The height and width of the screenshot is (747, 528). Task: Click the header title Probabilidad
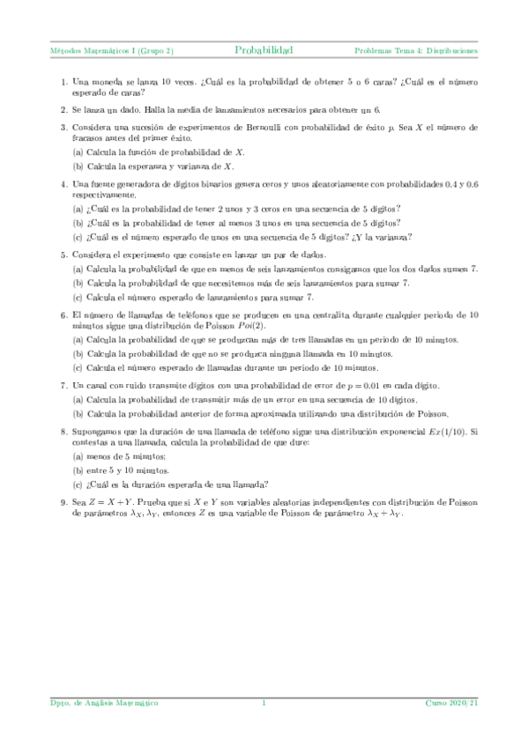pos(264,51)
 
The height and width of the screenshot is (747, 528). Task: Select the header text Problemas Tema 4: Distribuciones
pos(416,51)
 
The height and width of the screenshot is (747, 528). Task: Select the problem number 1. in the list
pos(65,82)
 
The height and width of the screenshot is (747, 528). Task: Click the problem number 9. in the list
pos(65,503)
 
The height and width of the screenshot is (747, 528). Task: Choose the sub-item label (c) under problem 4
pos(78,236)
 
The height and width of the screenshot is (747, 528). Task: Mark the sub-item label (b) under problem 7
pos(78,413)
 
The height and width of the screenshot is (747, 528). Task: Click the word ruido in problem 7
pos(134,387)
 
